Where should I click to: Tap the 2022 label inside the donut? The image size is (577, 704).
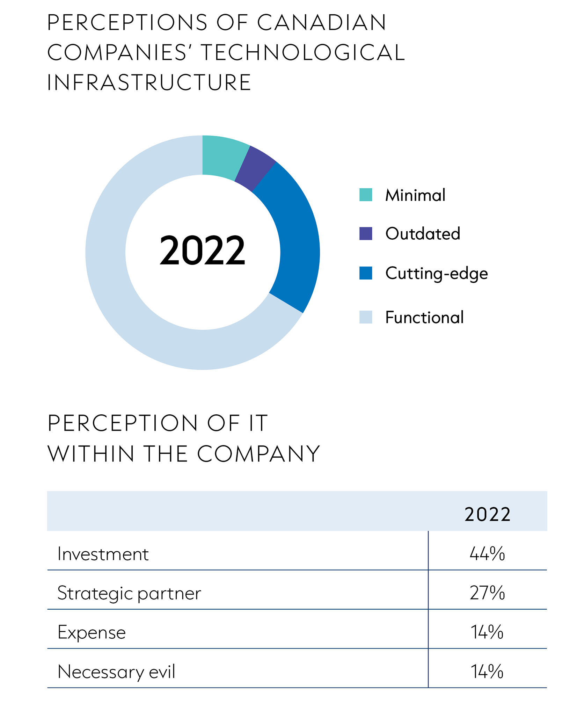coord(202,251)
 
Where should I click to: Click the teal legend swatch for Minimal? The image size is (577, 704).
coord(365,195)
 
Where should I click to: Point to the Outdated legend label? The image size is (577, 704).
coord(423,233)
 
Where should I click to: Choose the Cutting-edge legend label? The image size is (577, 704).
coord(436,273)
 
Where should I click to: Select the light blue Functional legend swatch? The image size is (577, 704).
coord(365,317)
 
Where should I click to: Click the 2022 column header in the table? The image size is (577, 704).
coord(487,514)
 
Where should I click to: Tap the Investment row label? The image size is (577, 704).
coord(103,554)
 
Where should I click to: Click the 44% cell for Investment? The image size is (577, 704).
coord(487,554)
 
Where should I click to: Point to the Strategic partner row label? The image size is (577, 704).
coord(129,594)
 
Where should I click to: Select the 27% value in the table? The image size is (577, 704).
coord(487,593)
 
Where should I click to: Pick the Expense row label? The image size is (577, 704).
coord(92,633)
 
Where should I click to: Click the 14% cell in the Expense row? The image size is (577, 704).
coord(487,632)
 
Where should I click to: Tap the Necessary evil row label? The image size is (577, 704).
coord(116,672)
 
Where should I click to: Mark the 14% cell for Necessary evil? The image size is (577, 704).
coord(487,671)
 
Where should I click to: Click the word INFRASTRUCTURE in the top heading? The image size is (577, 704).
coord(149,82)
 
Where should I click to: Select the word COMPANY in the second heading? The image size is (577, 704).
coord(258,454)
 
